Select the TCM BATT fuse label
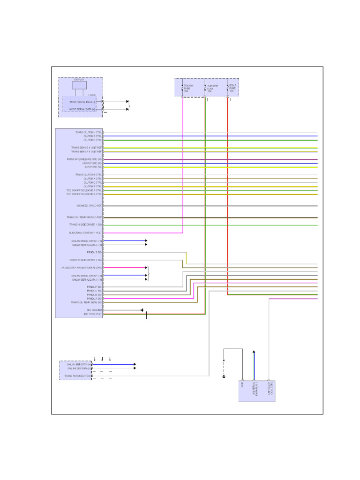212,88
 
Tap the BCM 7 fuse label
232,88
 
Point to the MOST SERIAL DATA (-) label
82,101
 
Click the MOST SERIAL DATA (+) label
82,109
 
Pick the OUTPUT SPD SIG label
92,163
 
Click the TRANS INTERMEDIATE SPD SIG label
84,159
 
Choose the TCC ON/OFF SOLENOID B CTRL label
84,194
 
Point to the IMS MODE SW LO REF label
89,206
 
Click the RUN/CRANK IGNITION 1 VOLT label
85,233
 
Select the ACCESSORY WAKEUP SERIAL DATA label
82,268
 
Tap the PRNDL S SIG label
94,252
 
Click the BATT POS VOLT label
93,314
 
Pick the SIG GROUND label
94,310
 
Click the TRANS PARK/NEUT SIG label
78,376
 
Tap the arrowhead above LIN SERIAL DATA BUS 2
254,352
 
